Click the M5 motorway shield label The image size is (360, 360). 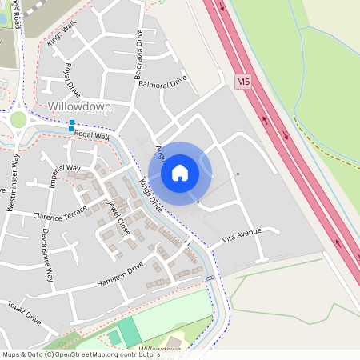coord(242,82)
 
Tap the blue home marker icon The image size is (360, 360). coord(180,172)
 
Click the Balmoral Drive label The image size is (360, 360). coord(162,82)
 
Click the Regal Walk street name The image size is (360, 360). coord(91,136)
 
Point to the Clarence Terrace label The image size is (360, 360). coord(58,215)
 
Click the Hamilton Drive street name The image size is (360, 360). coord(119,275)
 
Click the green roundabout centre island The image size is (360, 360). coord(17,120)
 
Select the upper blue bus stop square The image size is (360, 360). coord(72,122)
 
